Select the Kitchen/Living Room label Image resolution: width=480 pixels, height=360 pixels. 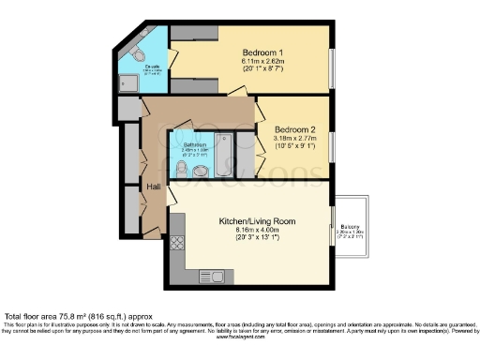click(257, 221)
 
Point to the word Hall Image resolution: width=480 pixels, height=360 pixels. click(154, 187)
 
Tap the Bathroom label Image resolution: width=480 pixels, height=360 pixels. click(195, 143)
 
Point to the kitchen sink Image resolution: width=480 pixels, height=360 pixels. click(217, 275)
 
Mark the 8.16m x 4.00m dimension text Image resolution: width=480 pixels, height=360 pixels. click(257, 231)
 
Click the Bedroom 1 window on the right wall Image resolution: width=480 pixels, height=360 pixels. click(331, 70)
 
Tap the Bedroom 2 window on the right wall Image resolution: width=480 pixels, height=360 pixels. click(331, 144)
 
